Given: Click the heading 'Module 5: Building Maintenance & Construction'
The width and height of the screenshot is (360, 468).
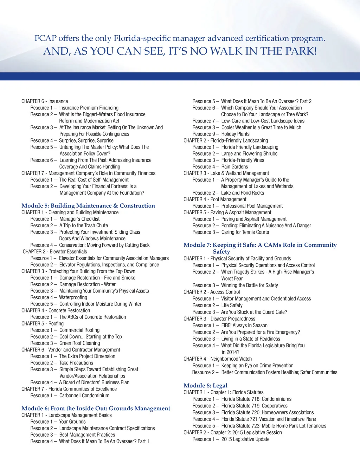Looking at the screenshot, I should click(88, 205).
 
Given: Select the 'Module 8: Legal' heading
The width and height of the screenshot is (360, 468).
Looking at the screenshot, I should click(205, 385).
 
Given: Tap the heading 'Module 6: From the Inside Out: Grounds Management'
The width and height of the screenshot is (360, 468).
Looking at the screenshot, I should click(96, 408).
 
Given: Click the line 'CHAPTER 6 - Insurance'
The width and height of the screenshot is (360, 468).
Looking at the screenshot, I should click(45, 101).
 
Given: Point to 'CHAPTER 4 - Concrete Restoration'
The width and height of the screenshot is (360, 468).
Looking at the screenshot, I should click(56, 310).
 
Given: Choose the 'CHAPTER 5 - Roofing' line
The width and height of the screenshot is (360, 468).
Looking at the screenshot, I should click(43, 323).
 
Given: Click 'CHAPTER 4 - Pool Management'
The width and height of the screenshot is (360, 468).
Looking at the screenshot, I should click(215, 199).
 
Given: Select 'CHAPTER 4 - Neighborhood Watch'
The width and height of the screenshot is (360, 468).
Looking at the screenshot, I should click(218, 359).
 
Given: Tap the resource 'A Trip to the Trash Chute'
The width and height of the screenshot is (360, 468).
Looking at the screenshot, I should click(84, 225).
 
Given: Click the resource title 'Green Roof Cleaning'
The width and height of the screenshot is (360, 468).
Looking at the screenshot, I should click(79, 343).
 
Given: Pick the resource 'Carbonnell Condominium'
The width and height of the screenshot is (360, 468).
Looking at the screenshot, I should click(84, 396).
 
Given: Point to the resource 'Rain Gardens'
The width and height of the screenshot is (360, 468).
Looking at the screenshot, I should click(234, 166).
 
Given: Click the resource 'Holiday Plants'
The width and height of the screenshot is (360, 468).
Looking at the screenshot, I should click(235, 134).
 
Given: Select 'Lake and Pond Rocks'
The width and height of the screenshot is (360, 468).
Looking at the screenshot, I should click(243, 193).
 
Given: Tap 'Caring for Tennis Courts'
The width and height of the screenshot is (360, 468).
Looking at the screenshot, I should click(245, 232).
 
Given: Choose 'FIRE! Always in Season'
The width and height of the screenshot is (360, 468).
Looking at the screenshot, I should click(244, 325).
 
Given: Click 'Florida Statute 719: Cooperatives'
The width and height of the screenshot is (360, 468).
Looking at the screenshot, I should click(254, 406).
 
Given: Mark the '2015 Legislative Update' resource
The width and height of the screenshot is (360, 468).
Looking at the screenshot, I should click(245, 439).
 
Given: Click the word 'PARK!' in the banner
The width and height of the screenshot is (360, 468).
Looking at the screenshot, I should click(301, 51).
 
